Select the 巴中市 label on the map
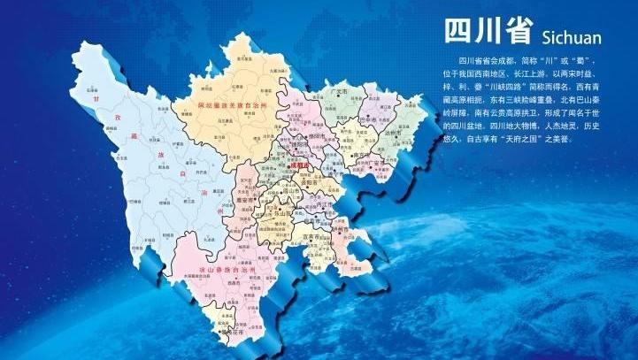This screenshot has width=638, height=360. click(x=371, y=118)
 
